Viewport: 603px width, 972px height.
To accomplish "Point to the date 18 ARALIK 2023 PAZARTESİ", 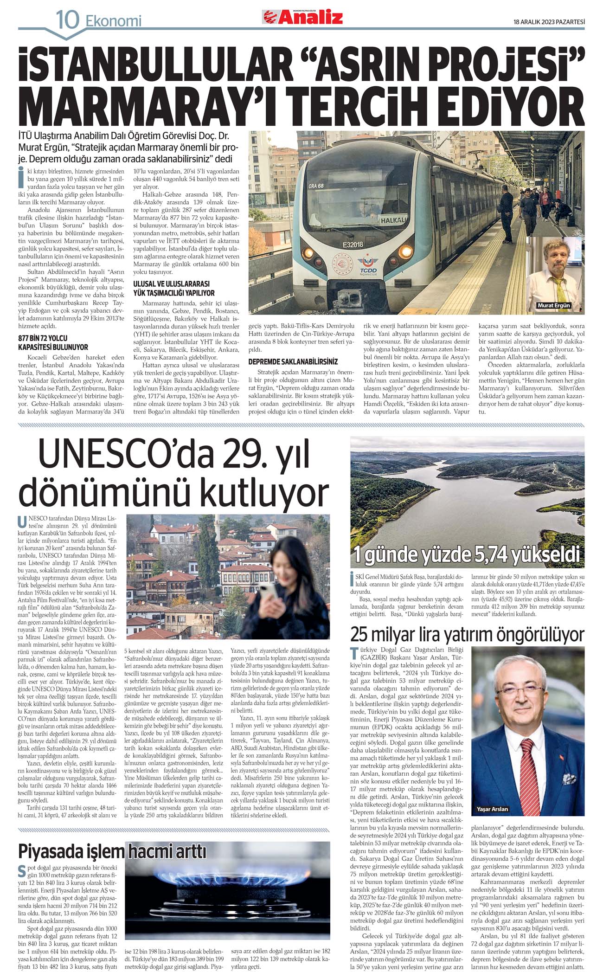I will [549, 21].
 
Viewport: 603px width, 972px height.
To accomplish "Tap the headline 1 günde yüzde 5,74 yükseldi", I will [467, 555].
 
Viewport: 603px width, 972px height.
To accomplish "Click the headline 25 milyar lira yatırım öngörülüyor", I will [467, 634].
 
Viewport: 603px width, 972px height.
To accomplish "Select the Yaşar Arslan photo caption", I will [492, 809].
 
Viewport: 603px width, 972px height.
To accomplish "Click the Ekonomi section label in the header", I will [113, 21].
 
